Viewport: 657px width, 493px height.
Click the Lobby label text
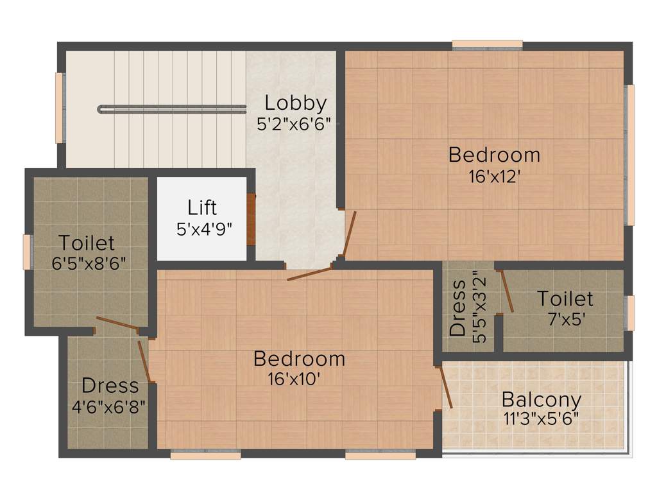pyautogui.click(x=296, y=103)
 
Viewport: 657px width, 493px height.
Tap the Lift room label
pyautogui.click(x=202, y=208)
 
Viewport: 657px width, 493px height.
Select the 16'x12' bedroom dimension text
pyautogui.click(x=494, y=176)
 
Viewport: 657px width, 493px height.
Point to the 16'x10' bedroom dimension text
pyautogui.click(x=294, y=379)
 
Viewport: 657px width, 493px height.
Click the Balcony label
pyautogui.click(x=542, y=399)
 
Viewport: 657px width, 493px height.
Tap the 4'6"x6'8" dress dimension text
pyautogui.click(x=110, y=406)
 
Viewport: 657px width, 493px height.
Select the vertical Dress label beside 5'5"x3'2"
pyautogui.click(x=457, y=308)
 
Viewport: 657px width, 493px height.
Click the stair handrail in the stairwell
pyautogui.click(x=172, y=108)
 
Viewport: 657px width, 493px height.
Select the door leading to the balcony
pyautogui.click(x=445, y=386)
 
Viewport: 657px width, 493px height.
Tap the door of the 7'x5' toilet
pyautogui.click(x=507, y=291)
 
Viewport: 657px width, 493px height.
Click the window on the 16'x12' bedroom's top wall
pyautogui.click(x=487, y=45)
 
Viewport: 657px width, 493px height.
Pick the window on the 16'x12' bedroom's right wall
pyautogui.click(x=631, y=154)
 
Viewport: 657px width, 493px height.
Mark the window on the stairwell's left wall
pyautogui.click(x=60, y=108)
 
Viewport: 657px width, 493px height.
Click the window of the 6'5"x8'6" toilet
pyautogui.click(x=28, y=252)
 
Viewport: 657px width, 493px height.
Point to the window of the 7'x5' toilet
pyautogui.click(x=631, y=313)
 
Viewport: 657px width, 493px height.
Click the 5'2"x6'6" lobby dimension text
pyautogui.click(x=293, y=124)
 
